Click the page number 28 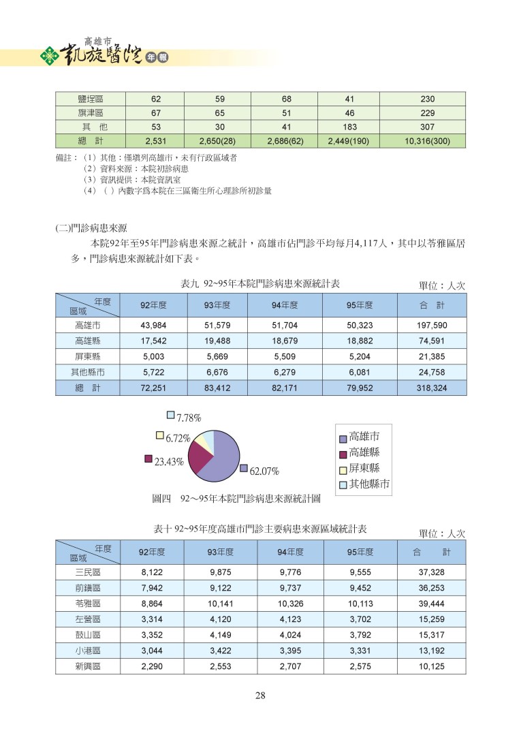tap(260, 696)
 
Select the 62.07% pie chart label tap(264, 471)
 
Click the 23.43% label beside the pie tap(169, 461)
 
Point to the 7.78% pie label tap(188, 418)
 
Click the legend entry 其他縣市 tap(368, 484)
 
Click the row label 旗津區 tap(88, 112)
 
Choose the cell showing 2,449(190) tap(349, 141)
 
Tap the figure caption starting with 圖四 tap(236, 499)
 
